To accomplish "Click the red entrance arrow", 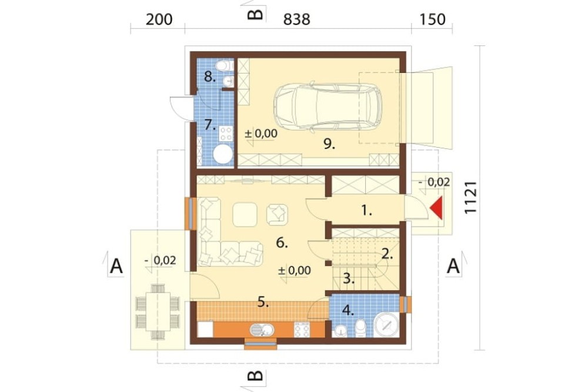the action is click(437, 208).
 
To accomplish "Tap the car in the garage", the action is click(327, 107).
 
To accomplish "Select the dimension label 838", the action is click(296, 19).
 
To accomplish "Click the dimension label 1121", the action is click(470, 198).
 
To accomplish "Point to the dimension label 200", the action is click(159, 19).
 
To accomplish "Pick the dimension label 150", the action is click(432, 19).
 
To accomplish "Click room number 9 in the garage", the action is click(329, 144).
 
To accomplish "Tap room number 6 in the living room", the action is click(282, 243).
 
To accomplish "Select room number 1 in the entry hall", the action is click(366, 211).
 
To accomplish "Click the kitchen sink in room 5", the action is click(262, 330).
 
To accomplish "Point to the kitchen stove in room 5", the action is click(302, 329).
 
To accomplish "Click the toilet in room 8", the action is click(224, 65).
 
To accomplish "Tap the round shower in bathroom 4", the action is click(386, 325).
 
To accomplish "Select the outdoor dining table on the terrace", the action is click(158, 311).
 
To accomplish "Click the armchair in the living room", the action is click(277, 214).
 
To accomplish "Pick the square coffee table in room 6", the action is click(245, 214).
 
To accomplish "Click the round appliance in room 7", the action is click(223, 154).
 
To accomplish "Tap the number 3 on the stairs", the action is click(348, 279).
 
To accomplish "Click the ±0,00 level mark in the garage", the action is click(261, 133).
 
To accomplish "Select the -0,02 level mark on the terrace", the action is click(160, 260).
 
